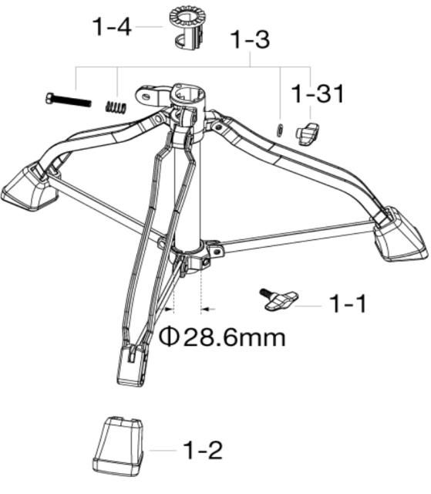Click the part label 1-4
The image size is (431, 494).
(x=113, y=27)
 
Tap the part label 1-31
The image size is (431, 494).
(x=317, y=94)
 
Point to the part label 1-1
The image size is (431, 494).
(x=348, y=304)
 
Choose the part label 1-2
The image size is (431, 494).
(x=202, y=449)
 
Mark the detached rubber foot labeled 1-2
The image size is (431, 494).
(x=118, y=447)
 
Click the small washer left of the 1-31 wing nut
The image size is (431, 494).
(x=281, y=127)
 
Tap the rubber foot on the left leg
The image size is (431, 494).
(x=29, y=188)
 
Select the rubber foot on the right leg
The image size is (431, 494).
(x=399, y=233)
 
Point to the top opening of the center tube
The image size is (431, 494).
(x=189, y=95)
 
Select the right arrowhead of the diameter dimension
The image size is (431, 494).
(x=207, y=310)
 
